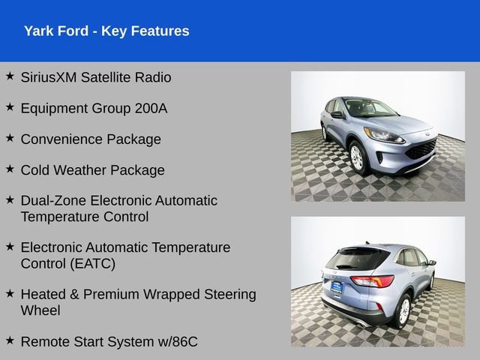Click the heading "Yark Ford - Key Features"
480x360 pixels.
(x=106, y=31)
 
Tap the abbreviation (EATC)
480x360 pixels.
(x=88, y=263)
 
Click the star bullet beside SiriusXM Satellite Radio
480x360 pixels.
(x=10, y=76)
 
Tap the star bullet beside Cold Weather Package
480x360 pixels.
(x=10, y=169)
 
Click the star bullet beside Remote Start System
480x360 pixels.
(x=10, y=340)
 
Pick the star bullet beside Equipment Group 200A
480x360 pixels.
(x=10, y=107)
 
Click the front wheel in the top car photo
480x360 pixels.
(x=357, y=158)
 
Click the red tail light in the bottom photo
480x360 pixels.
(x=373, y=281)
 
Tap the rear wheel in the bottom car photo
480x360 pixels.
(x=403, y=309)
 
